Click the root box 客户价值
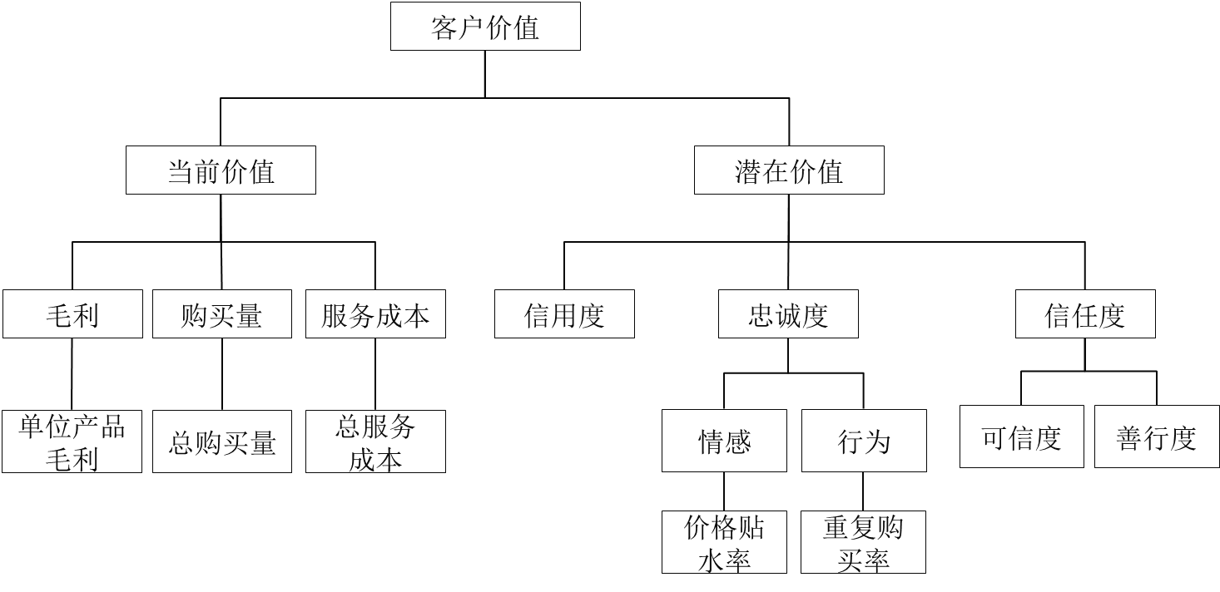coord(485,27)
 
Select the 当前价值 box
coord(221,171)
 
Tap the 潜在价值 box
coord(788,171)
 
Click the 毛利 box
coord(72,315)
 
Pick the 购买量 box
coord(221,315)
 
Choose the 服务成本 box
coord(374,315)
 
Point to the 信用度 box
coord(563,315)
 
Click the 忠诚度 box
coord(788,315)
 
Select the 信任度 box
coord(1084,315)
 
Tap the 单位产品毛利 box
coord(72,442)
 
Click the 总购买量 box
coord(221,442)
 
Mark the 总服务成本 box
coord(374,442)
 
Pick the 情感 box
coord(724,441)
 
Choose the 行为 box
coord(864,441)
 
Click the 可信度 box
coord(1022,437)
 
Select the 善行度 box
coord(1156,437)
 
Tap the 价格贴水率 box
coord(724,542)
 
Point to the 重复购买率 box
coord(863,542)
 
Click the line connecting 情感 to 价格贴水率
coord(724,491)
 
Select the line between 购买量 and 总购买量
coord(222,374)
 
